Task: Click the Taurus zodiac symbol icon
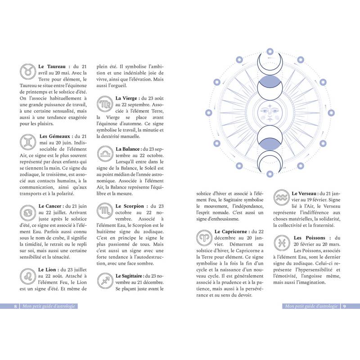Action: tap(28, 71)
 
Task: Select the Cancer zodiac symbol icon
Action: tap(28, 211)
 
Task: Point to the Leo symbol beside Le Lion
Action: tap(28, 275)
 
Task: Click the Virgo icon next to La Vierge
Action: tap(104, 104)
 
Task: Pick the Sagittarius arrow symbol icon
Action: tap(104, 281)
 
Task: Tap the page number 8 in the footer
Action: tap(15, 306)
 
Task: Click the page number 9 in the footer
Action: tap(344, 306)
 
